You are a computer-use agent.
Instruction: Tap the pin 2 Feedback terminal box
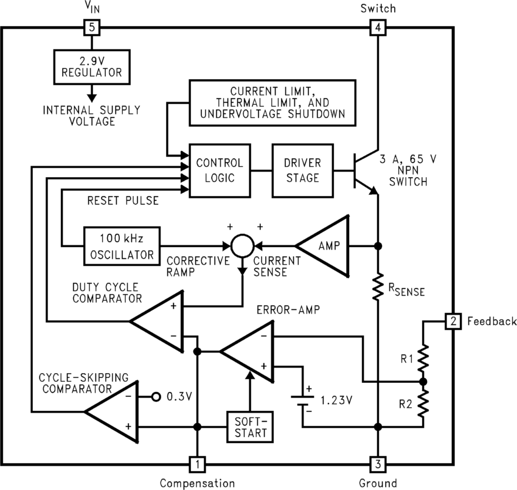453,321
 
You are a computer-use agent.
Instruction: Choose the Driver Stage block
302,170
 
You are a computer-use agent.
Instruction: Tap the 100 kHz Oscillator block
122,246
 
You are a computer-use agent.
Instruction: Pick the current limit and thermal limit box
272,102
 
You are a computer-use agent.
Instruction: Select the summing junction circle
241,247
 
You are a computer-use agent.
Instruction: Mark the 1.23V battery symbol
302,402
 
